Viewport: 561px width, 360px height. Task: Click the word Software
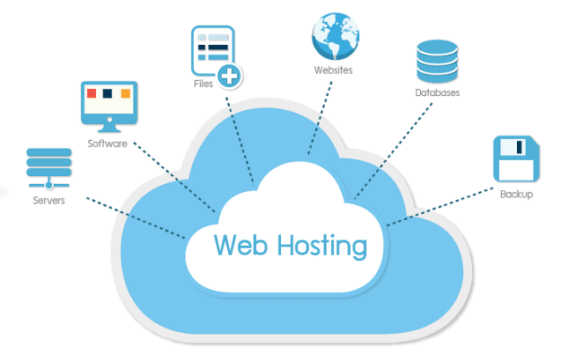pyautogui.click(x=107, y=144)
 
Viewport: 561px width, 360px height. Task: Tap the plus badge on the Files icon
pyautogui.click(x=231, y=76)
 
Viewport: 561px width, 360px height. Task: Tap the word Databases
pyautogui.click(x=438, y=92)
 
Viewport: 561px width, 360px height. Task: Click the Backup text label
pyautogui.click(x=516, y=194)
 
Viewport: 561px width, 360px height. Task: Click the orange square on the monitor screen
pyautogui.click(x=125, y=93)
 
